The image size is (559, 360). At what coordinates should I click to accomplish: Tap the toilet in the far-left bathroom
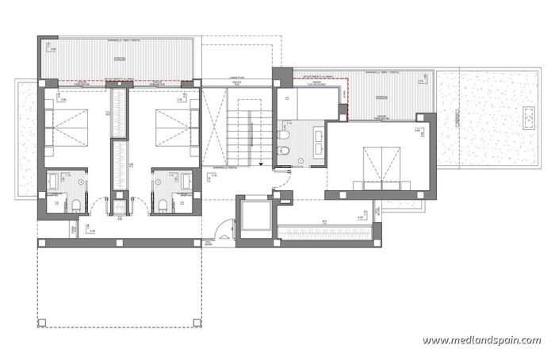click(75, 205)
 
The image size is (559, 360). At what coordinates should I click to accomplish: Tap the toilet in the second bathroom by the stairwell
click(163, 205)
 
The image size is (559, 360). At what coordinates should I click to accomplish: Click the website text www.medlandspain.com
click(481, 341)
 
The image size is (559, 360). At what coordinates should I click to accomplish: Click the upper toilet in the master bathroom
click(283, 136)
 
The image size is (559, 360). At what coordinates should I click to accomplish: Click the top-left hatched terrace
click(117, 59)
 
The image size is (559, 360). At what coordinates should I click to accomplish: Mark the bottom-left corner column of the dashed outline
click(42, 322)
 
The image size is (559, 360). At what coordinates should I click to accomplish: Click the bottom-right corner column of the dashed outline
click(197, 322)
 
